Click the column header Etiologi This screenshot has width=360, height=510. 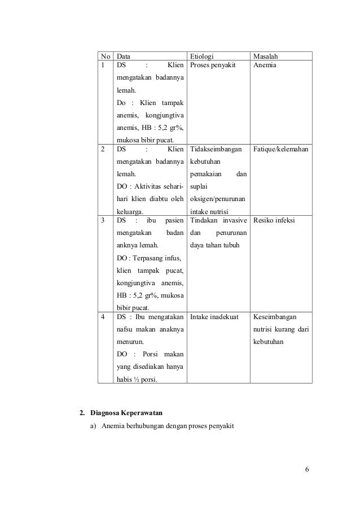tap(202, 56)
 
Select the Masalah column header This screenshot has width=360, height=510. tap(267, 56)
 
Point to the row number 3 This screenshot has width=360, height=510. tap(103, 221)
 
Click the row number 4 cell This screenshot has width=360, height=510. tap(103, 317)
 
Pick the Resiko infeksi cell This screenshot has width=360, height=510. tap(274, 220)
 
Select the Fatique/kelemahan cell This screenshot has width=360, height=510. tap(281, 150)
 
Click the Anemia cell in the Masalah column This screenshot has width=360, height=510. tap(265, 66)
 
